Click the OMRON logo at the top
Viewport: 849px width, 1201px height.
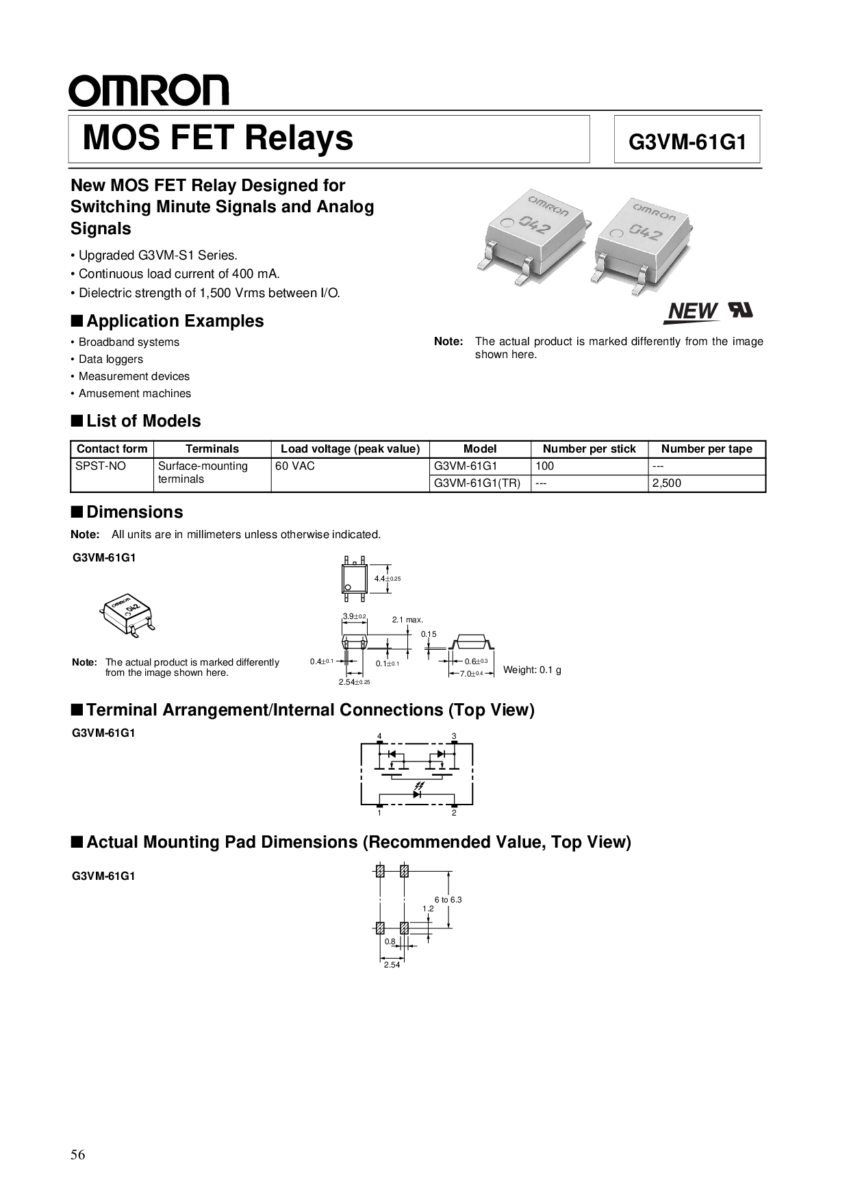149,91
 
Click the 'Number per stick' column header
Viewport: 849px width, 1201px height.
589,449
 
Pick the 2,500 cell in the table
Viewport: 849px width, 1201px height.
666,483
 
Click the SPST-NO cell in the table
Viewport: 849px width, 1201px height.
101,466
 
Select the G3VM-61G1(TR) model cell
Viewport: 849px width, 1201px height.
477,483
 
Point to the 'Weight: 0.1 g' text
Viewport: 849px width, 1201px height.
532,670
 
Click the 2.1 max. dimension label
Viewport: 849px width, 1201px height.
407,620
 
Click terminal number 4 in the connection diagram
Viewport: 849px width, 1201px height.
379,736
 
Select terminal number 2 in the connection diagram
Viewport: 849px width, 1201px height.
454,813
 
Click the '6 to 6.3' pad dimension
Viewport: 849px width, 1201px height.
448,899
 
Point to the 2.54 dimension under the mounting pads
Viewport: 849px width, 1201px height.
392,965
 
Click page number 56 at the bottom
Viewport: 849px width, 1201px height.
78,1155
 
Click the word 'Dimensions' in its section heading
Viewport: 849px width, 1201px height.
135,512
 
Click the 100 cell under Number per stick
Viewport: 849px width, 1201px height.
545,466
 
